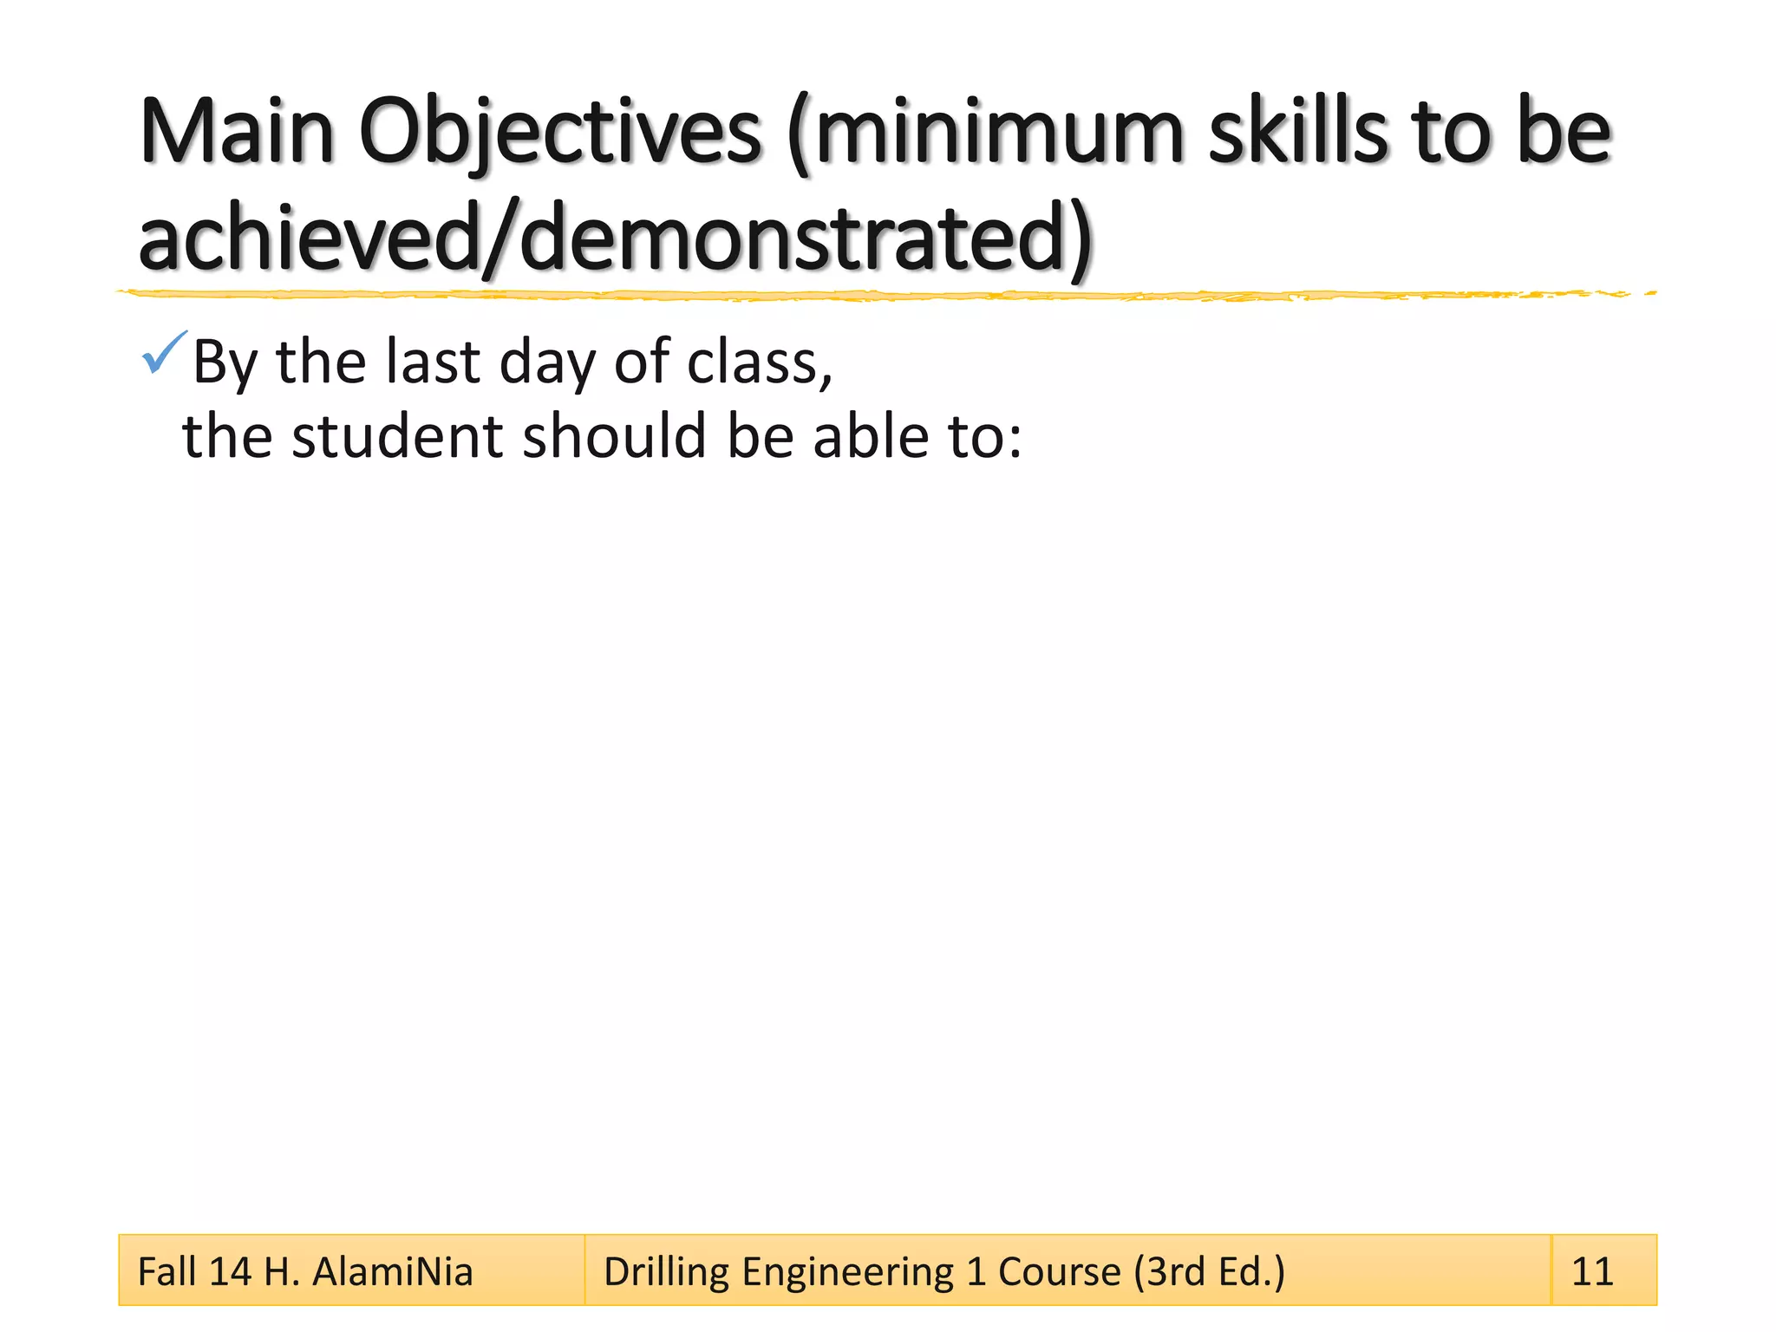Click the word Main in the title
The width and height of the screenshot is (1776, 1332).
tap(237, 132)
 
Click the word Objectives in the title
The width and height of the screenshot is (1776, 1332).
tap(560, 132)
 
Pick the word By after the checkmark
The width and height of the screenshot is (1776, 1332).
tap(225, 362)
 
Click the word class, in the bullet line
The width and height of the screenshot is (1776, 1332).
tap(760, 362)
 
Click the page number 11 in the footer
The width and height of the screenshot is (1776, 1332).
tap(1592, 1271)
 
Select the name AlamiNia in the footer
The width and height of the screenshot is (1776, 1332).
tap(392, 1271)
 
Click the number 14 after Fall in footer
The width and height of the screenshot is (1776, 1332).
tap(230, 1271)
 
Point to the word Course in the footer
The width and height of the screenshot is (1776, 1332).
tap(1060, 1271)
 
